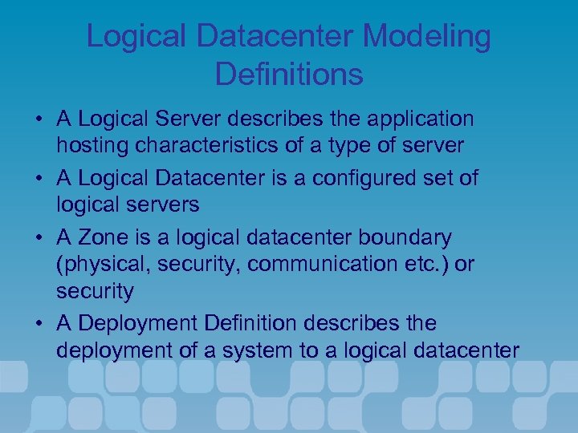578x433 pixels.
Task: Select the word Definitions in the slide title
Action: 289,75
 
